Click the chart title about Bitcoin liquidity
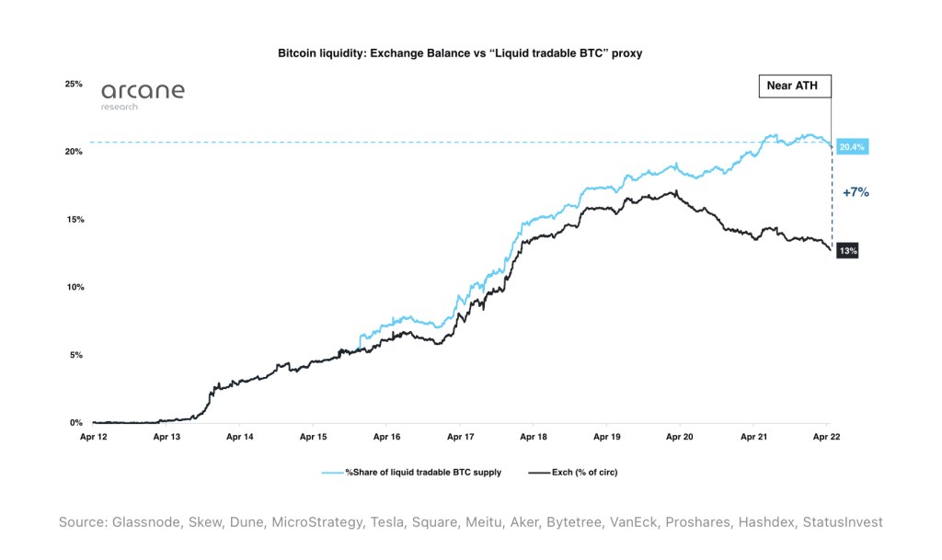(x=459, y=53)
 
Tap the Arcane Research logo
(x=143, y=95)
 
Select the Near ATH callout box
(x=787, y=86)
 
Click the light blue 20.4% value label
(x=853, y=147)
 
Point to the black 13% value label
(x=847, y=250)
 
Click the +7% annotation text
(x=856, y=193)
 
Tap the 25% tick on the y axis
(x=73, y=84)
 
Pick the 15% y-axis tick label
(x=73, y=220)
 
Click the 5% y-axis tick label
(x=75, y=355)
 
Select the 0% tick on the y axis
(x=75, y=423)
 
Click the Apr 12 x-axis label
(x=95, y=438)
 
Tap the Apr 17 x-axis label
(x=460, y=438)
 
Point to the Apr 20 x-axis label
(x=680, y=438)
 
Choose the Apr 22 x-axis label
(x=826, y=438)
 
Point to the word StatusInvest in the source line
(x=842, y=522)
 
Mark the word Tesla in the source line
(x=392, y=522)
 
